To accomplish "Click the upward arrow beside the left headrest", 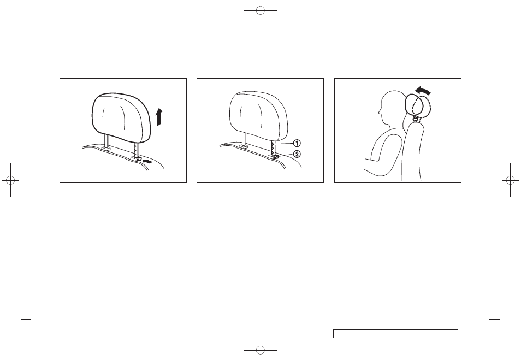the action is pyautogui.click(x=159, y=117).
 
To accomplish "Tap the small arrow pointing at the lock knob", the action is pyautogui.click(x=147, y=162).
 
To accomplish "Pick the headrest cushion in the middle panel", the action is pyautogui.click(x=258, y=115).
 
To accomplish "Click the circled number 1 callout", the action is pyautogui.click(x=297, y=143).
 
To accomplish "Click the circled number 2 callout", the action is pyautogui.click(x=297, y=154).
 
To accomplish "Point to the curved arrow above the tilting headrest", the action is pyautogui.click(x=423, y=90).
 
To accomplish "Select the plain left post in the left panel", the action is pyautogui.click(x=106, y=140).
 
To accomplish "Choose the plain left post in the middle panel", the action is pyautogui.click(x=244, y=138).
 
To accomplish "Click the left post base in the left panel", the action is pyautogui.click(x=106, y=149).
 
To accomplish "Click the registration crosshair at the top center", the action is pyautogui.click(x=260, y=10).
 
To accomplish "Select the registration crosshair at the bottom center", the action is pyautogui.click(x=260, y=350).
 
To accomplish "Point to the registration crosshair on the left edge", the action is pyautogui.click(x=10, y=180).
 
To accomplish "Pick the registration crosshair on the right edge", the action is pyautogui.click(x=510, y=180).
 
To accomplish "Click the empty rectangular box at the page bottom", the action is pyautogui.click(x=395, y=334).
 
